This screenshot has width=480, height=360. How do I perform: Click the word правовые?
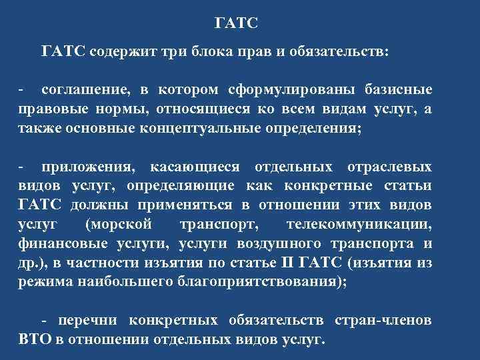(x=47, y=108)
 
